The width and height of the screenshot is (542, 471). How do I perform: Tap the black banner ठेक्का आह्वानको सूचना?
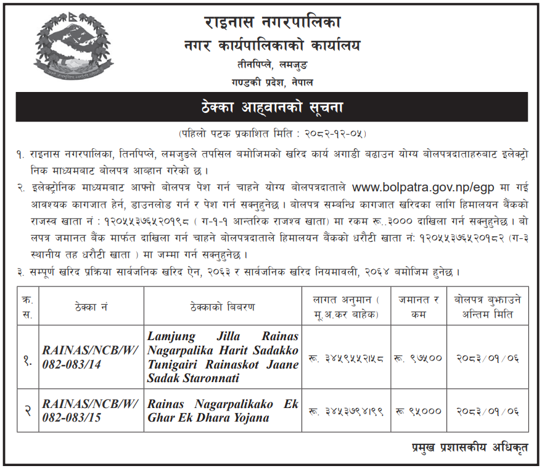[x=272, y=107]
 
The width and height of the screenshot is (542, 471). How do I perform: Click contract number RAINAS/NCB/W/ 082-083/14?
[x=81, y=357]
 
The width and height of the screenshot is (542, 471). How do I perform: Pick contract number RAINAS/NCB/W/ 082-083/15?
[x=81, y=411]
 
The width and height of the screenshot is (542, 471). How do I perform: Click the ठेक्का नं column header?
[x=92, y=307]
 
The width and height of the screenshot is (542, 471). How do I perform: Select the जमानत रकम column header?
[x=419, y=307]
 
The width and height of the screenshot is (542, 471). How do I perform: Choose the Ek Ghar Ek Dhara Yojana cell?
[x=223, y=411]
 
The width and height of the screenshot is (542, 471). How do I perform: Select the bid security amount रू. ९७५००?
[x=419, y=357]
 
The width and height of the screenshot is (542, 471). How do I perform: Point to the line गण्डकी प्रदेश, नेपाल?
[x=272, y=81]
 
